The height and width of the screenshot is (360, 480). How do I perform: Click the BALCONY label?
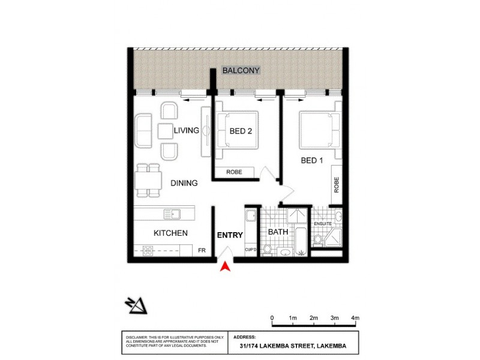241,70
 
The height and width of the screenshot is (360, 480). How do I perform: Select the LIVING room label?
187,131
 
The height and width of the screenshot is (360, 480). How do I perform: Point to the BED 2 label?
241,131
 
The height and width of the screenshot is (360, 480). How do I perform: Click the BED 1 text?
311,160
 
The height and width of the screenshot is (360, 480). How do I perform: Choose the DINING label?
184,183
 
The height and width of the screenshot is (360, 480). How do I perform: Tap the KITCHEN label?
170,233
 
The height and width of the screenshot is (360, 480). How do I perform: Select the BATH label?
278,231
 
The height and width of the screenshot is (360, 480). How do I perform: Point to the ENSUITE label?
324,223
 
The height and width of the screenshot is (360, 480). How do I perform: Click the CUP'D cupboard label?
251,250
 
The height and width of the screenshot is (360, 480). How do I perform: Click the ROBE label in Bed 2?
234,172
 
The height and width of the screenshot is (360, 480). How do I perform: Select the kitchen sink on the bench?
173,213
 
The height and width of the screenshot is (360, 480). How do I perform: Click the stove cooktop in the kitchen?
147,251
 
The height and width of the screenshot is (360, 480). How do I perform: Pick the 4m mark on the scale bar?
355,317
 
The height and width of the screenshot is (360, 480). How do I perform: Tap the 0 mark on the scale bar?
272,317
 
